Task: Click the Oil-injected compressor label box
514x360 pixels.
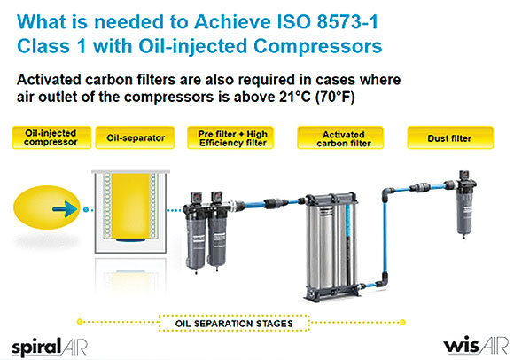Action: click(x=51, y=137)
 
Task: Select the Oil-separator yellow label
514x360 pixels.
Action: click(x=135, y=137)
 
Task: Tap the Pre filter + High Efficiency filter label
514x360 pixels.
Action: click(x=230, y=137)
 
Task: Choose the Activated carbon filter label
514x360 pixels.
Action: click(x=340, y=137)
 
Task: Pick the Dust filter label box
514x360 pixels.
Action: click(x=450, y=137)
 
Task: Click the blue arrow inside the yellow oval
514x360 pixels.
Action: click(x=65, y=209)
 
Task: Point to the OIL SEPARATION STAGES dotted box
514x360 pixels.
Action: click(x=234, y=324)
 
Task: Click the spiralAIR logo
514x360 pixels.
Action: click(x=50, y=347)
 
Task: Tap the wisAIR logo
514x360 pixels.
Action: click(x=476, y=346)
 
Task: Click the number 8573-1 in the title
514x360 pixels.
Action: click(x=347, y=22)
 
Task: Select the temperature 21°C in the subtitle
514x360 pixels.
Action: click(x=295, y=97)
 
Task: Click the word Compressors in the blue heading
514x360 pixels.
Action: click(x=317, y=46)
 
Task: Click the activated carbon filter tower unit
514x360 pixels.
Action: click(x=331, y=246)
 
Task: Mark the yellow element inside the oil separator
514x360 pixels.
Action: click(x=131, y=207)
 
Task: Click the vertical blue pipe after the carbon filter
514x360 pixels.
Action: click(x=385, y=237)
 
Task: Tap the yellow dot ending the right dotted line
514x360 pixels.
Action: click(x=403, y=322)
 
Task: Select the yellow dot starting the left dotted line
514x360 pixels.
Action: click(x=80, y=322)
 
